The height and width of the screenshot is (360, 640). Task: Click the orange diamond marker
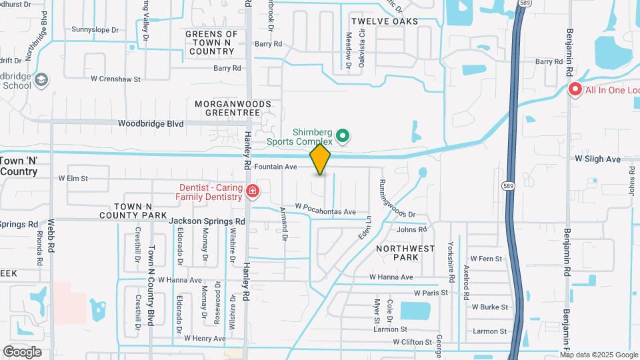point(321,159)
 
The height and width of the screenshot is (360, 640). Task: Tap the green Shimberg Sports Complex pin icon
point(343,137)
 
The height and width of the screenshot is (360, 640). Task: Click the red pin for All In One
point(575,89)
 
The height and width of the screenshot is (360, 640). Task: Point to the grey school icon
point(42,81)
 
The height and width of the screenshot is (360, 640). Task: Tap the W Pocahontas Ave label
point(325,211)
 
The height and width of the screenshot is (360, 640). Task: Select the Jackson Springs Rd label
point(207,221)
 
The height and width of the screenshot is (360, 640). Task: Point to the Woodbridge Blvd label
point(151,123)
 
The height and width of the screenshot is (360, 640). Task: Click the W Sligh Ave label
point(597,159)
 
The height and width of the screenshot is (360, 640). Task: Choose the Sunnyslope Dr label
point(95,30)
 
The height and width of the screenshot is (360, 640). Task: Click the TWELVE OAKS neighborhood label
point(385,21)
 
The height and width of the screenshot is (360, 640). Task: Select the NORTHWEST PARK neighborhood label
point(405,253)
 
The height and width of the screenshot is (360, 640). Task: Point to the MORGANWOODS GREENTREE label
point(233,109)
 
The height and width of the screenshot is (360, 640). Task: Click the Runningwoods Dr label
point(398,198)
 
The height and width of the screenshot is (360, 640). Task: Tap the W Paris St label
point(431,292)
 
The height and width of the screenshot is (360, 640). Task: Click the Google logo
point(22,352)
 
